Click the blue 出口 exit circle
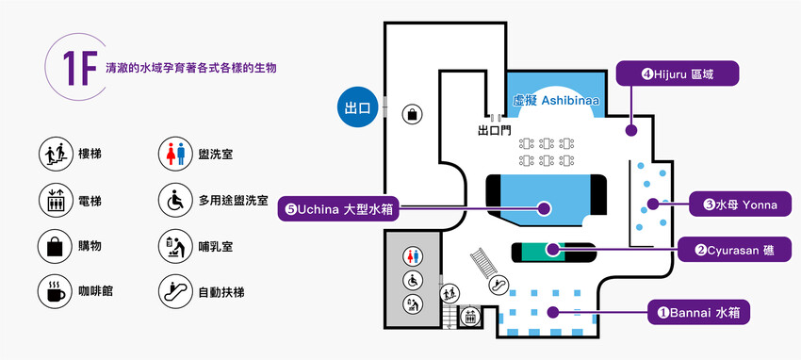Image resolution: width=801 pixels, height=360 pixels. [x=359, y=107]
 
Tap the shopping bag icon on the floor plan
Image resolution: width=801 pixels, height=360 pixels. [x=412, y=115]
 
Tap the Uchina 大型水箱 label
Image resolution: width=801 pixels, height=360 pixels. [x=339, y=208]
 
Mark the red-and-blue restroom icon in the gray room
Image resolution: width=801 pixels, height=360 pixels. [x=412, y=255]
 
